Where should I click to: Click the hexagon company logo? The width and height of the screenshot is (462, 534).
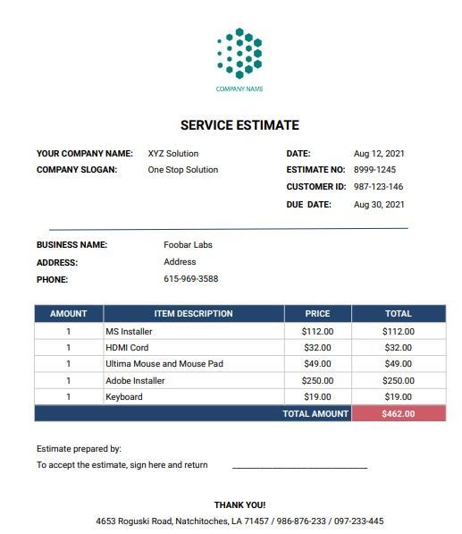coord(239,54)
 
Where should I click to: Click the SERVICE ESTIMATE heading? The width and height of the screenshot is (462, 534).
coord(239,125)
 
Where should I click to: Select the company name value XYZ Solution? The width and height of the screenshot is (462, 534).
coord(173,154)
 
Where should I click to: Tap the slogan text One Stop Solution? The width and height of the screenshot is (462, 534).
coord(182,170)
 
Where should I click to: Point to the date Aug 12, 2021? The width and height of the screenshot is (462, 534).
coord(379,154)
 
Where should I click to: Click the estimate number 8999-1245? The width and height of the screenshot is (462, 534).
coord(375,170)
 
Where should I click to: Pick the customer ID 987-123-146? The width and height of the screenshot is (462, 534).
coord(378,187)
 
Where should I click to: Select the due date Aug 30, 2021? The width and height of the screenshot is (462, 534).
coord(379,205)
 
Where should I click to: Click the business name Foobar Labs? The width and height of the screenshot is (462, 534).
coord(188,245)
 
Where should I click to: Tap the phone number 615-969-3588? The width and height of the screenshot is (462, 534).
coord(190,279)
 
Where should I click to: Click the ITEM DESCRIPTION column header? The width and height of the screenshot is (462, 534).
coord(193,314)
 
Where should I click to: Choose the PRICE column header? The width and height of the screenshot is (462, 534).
coord(317,314)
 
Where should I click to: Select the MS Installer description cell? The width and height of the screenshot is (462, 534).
coord(129,332)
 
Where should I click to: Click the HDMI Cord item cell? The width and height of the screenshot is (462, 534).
coord(127,348)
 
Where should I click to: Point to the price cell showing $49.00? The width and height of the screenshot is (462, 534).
coord(317,364)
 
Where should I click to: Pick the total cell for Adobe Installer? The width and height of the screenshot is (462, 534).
coord(398,381)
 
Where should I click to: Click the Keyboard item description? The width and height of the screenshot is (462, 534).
coord(123,397)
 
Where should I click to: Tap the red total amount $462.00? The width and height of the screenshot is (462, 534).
coord(398,414)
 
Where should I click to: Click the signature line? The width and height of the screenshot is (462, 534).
coord(299,467)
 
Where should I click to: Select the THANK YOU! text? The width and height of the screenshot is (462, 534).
coord(239,505)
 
